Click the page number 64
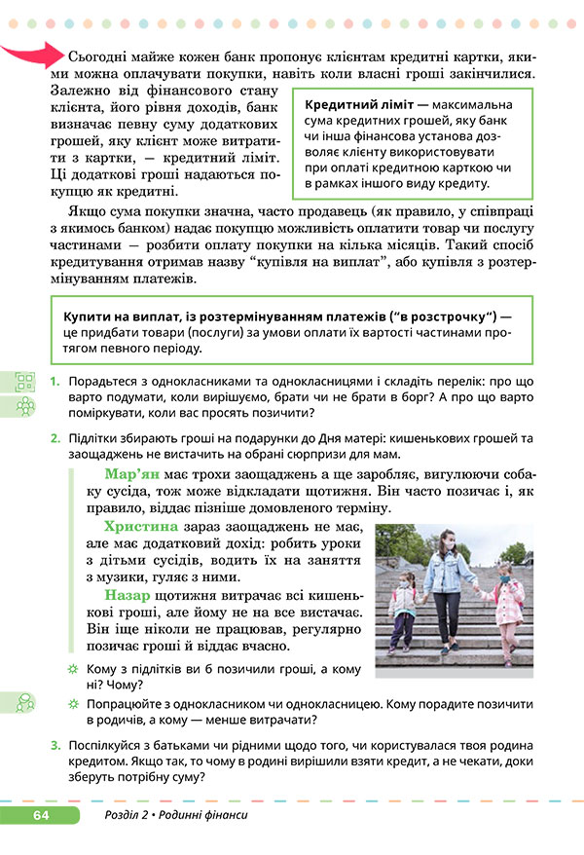coord(40,814)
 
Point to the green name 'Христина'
coord(142,527)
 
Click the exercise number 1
coord(56,381)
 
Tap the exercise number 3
coord(56,745)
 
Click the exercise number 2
coord(56,438)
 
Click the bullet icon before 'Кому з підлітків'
coord(72,671)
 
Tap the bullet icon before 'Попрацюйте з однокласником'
coord(72,704)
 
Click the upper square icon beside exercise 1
coord(25,381)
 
